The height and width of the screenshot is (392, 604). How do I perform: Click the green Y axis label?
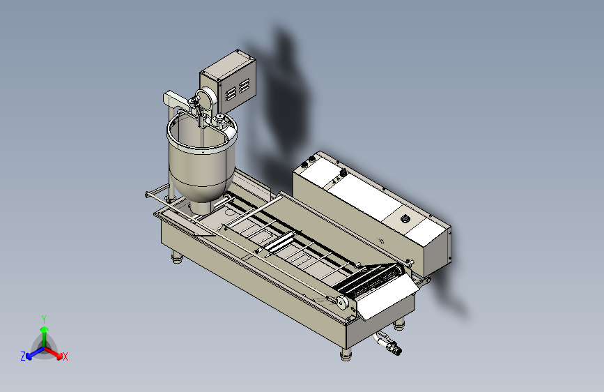tap(44, 319)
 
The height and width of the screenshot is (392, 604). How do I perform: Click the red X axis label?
tap(65, 357)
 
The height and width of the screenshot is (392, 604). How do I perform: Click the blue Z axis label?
tap(23, 356)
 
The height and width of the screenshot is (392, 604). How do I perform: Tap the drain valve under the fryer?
tap(389, 342)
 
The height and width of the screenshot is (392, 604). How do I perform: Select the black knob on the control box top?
tap(405, 219)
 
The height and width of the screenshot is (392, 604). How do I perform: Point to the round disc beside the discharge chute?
tap(341, 303)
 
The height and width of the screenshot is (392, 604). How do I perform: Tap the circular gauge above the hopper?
tap(206, 99)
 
